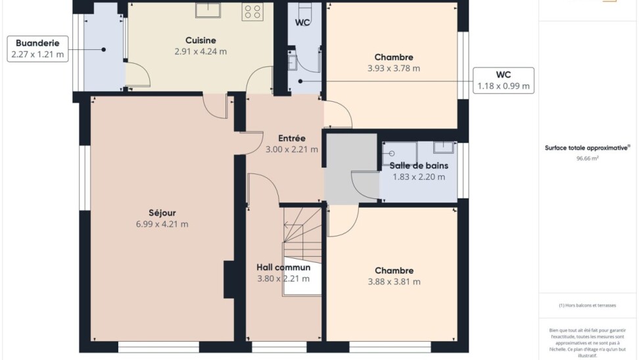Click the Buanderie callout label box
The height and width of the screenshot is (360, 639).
click(x=37, y=49)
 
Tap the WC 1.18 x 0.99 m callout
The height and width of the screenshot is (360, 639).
click(x=504, y=81)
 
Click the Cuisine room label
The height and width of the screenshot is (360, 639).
click(x=201, y=40)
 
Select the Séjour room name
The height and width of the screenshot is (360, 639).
click(x=162, y=213)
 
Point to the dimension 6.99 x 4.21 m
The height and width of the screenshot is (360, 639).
click(x=162, y=224)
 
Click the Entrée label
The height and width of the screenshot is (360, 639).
click(x=292, y=139)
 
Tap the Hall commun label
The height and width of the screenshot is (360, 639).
click(x=283, y=267)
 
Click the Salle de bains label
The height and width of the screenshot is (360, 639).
click(x=419, y=166)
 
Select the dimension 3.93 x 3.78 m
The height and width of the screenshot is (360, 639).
click(x=394, y=68)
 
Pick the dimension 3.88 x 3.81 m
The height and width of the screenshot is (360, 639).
click(x=394, y=282)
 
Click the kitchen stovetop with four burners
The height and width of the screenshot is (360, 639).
click(x=252, y=11)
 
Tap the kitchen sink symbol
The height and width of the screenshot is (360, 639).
click(x=208, y=10)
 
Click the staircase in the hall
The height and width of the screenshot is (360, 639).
click(x=302, y=250)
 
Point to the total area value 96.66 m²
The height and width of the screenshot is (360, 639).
click(x=587, y=158)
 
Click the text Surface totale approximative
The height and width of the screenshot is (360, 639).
click(x=586, y=148)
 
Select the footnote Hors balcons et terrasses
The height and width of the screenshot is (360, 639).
click(x=587, y=305)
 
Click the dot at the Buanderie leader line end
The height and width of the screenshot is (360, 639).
click(x=103, y=50)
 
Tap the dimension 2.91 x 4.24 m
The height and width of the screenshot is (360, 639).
click(x=201, y=52)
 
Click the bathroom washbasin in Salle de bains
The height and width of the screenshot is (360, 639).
click(x=443, y=147)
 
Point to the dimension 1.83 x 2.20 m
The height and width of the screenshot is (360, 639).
click(x=419, y=177)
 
